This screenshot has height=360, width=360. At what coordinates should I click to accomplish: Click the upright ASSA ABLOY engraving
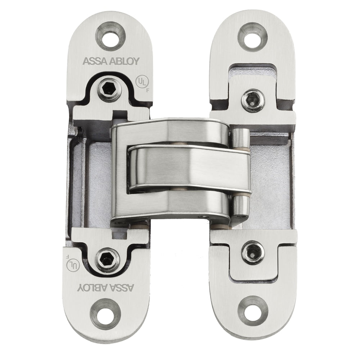coord(111,61)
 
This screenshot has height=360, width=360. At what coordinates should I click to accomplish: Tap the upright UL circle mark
coord(142,82)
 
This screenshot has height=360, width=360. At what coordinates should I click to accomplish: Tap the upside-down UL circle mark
coord(73,265)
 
